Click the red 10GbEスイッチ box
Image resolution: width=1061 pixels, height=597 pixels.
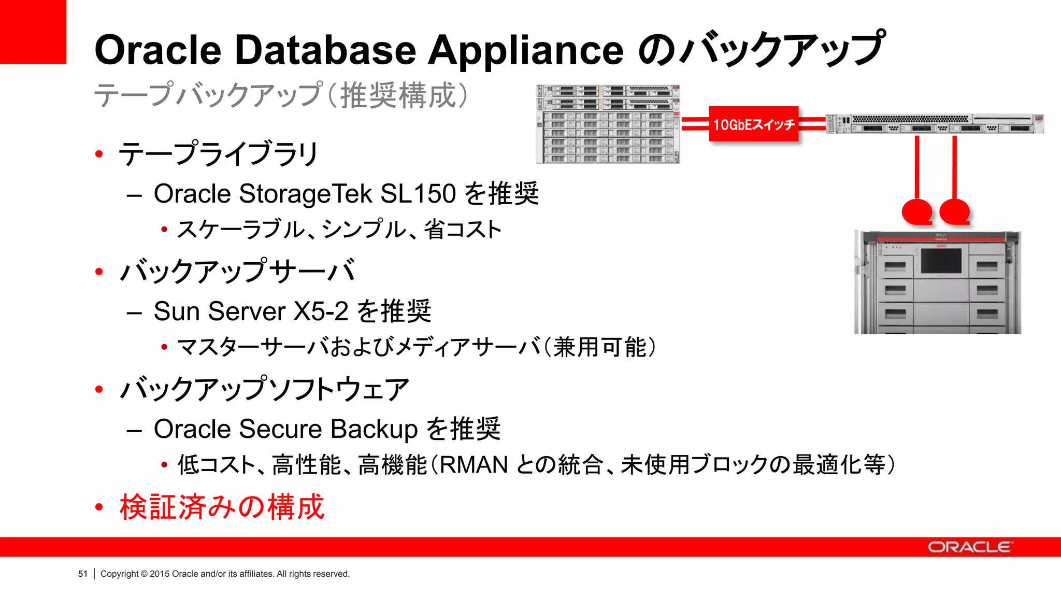753,124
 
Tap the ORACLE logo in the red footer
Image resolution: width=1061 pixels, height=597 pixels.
969,547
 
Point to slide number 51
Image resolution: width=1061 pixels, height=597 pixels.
83,574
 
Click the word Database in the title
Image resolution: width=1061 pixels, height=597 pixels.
325,50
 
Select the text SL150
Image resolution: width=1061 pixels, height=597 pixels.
418,194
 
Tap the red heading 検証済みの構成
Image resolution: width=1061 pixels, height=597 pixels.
222,507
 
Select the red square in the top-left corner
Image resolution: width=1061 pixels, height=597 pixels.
33,31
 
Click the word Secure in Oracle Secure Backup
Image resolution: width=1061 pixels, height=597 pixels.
280,429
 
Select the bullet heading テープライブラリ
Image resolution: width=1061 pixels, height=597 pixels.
218,154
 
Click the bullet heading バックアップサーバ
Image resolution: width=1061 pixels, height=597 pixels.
237,271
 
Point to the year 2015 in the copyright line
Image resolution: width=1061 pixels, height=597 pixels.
160,574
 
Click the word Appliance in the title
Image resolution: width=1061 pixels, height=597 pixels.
525,50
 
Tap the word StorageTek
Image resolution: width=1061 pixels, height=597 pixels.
306,194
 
